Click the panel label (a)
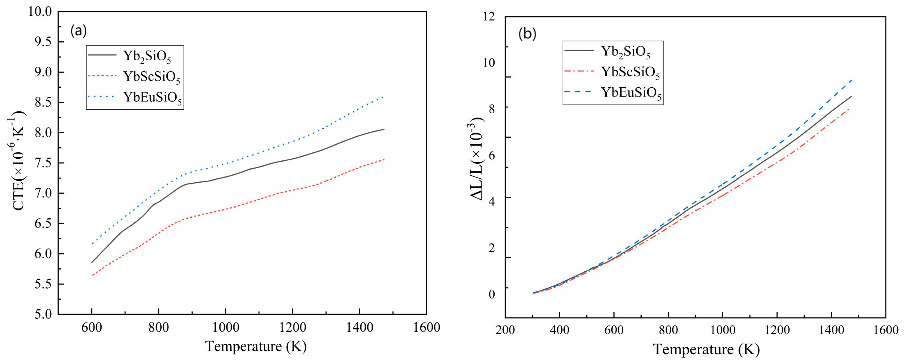[78, 31]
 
